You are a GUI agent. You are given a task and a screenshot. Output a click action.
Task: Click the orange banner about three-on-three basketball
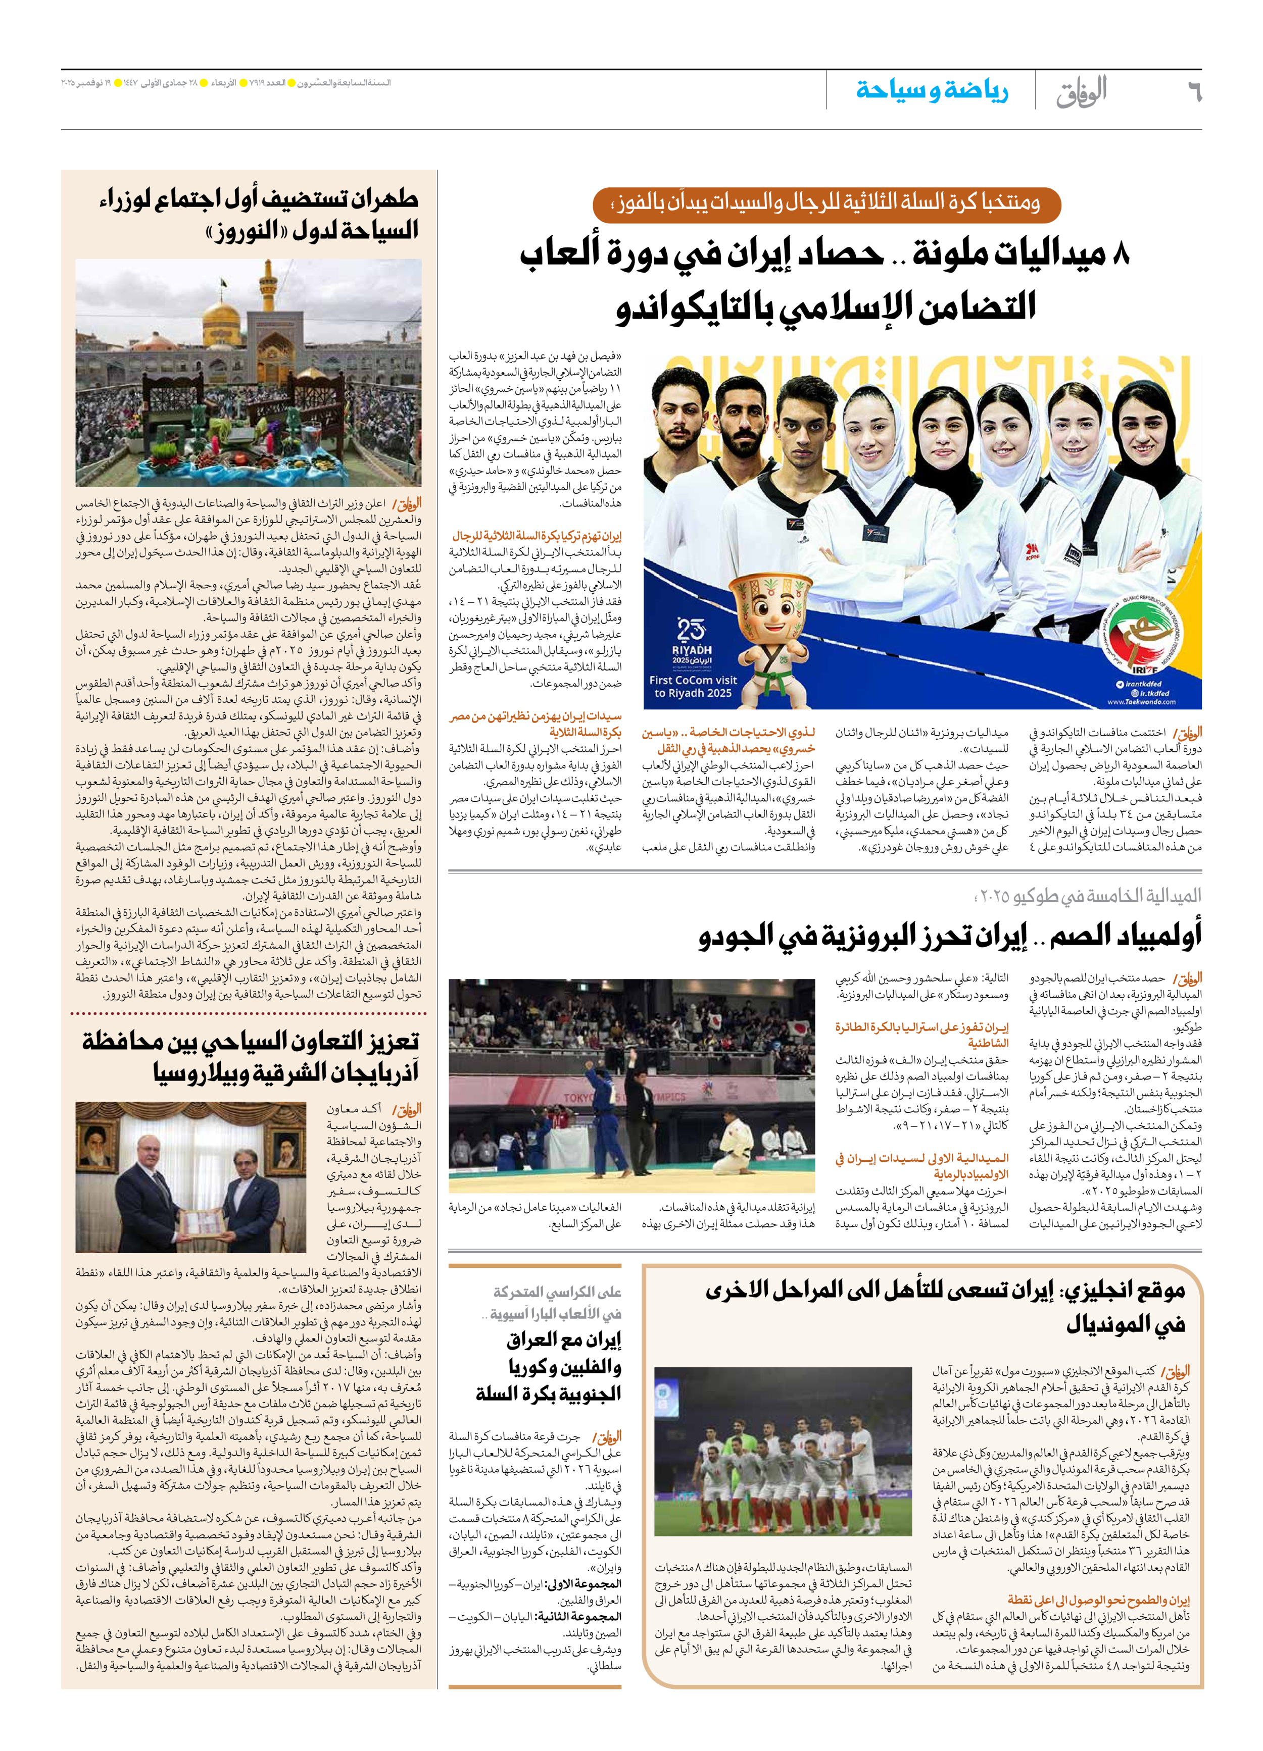[x=827, y=204]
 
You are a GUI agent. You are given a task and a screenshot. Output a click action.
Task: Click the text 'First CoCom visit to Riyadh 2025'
[x=693, y=686]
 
